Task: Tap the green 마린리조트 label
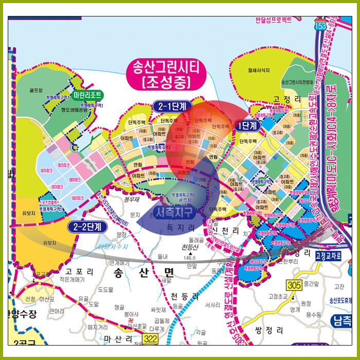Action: (x=87, y=95)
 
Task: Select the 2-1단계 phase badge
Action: (x=172, y=106)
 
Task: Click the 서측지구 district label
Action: (x=175, y=211)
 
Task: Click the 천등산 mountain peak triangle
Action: (x=192, y=254)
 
